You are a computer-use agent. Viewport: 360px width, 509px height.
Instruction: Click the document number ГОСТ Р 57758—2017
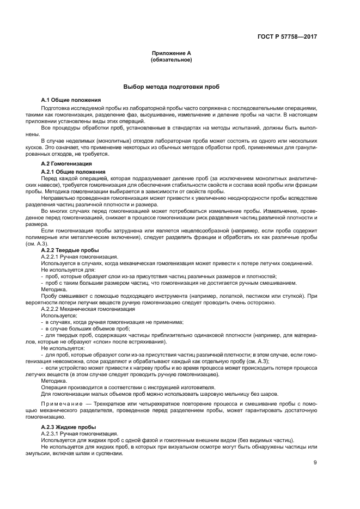287,36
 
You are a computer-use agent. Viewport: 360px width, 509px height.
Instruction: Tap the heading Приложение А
172,53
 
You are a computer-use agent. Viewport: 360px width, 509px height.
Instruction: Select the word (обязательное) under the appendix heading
172,59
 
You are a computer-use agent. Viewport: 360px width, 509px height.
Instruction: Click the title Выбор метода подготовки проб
172,87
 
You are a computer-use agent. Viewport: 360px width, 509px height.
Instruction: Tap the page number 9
315,464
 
